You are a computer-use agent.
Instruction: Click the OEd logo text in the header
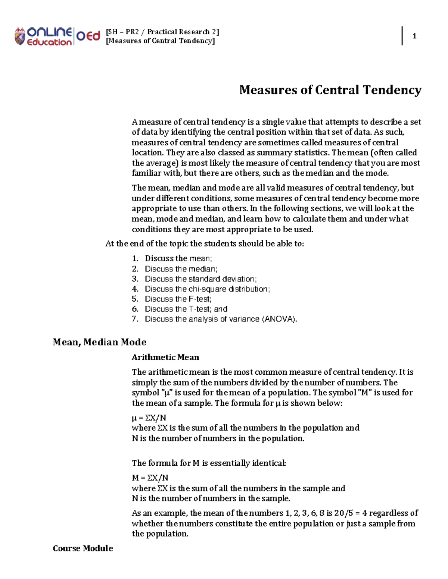coord(88,36)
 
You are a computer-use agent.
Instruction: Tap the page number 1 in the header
coord(414,36)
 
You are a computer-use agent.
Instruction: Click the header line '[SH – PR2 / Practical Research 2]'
coord(162,32)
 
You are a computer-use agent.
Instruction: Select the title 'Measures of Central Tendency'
coord(330,90)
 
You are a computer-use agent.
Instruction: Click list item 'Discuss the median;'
coord(181,269)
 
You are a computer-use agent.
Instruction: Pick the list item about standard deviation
coord(201,279)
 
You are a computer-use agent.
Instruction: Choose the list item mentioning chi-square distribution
coord(207,289)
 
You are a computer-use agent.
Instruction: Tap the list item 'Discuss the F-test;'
coord(178,299)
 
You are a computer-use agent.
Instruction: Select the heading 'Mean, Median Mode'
coord(99,342)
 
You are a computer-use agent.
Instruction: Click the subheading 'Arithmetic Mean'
coord(165,357)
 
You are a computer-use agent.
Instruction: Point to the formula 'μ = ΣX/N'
coord(149,418)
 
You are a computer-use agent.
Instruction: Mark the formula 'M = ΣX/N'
coord(150,478)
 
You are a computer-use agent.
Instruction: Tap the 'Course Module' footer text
coord(83,548)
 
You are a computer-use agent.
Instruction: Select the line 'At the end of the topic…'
coord(205,244)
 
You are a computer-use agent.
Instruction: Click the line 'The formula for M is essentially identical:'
coord(209,463)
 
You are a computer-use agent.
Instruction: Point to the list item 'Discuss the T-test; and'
coord(186,309)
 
